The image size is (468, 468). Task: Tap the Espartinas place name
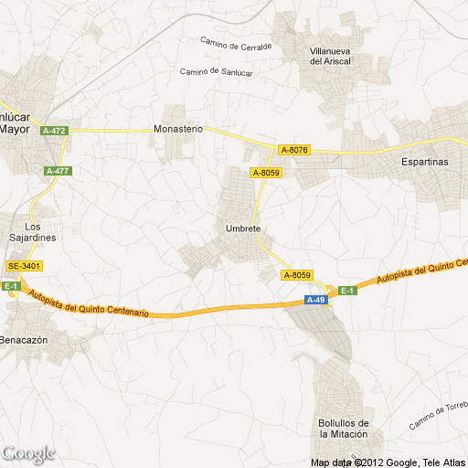(x=425, y=161)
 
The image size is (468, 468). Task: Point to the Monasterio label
(x=178, y=130)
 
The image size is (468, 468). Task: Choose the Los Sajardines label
(x=33, y=231)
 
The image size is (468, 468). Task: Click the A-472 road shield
(x=55, y=131)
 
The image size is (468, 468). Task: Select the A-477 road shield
(x=58, y=171)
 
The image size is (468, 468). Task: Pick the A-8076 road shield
(x=294, y=150)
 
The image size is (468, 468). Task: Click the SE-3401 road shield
(x=25, y=266)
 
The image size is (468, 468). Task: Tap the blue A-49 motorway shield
(x=316, y=300)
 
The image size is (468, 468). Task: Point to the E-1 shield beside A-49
(x=347, y=291)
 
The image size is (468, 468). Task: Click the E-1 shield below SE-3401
(x=11, y=286)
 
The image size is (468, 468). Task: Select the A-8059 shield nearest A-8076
(x=266, y=172)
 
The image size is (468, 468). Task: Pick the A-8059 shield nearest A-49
(x=298, y=275)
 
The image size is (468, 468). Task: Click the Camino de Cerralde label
(x=236, y=43)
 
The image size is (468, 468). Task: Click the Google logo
(x=28, y=453)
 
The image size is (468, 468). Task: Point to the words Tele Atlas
(x=445, y=461)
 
